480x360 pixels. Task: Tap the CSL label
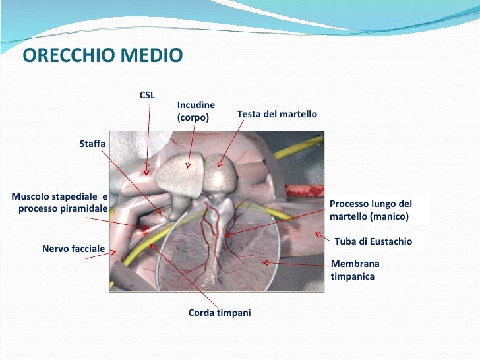coord(147,95)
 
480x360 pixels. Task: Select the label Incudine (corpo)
coord(196,111)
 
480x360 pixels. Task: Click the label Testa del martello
coord(277,115)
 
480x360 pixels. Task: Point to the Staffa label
coord(92,143)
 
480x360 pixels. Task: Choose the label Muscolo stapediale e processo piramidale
coord(60,202)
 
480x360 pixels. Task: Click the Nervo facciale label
coord(73,249)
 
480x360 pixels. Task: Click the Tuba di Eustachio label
coord(374,241)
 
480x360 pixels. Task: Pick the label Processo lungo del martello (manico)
coord(371,210)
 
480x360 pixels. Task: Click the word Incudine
coord(196,105)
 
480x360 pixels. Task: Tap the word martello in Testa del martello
coord(297,115)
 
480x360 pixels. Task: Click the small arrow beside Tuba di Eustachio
coord(320,235)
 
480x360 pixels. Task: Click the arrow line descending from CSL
coord(148,138)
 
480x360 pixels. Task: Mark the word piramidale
coord(82,208)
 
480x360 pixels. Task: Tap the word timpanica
coord(353,277)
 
